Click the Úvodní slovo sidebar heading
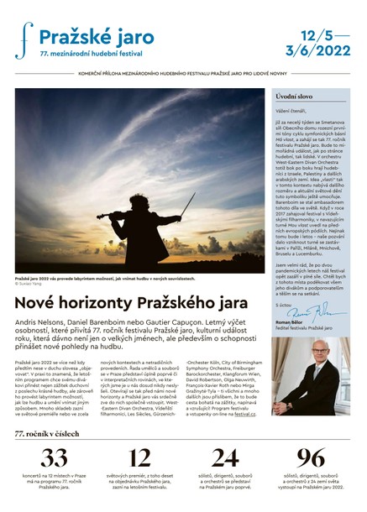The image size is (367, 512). tap(294, 98)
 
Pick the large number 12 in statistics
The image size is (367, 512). tap(139, 457)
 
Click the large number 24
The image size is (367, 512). tap(225, 457)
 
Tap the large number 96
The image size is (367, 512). tap(310, 457)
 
